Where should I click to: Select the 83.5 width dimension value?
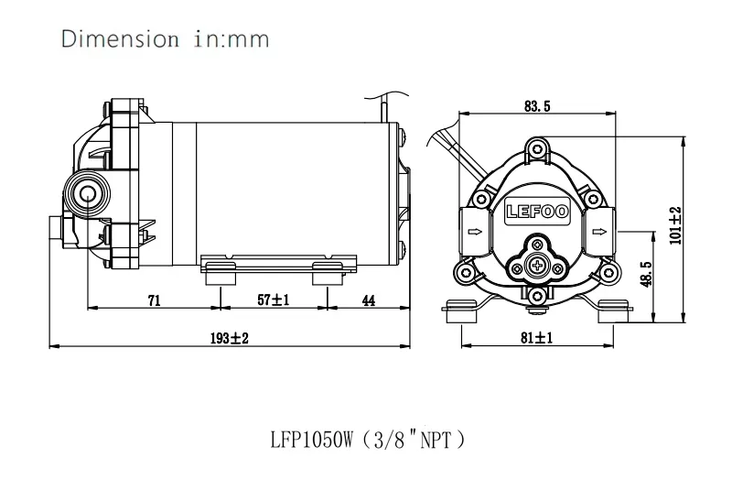click(x=537, y=106)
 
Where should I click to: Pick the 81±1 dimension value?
click(x=538, y=337)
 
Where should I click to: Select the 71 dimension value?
click(x=155, y=300)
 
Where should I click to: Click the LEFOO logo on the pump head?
click(x=538, y=212)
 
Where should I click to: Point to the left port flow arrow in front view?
click(x=474, y=233)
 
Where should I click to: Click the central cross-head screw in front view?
click(x=538, y=267)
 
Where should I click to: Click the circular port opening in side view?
click(x=89, y=193)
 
